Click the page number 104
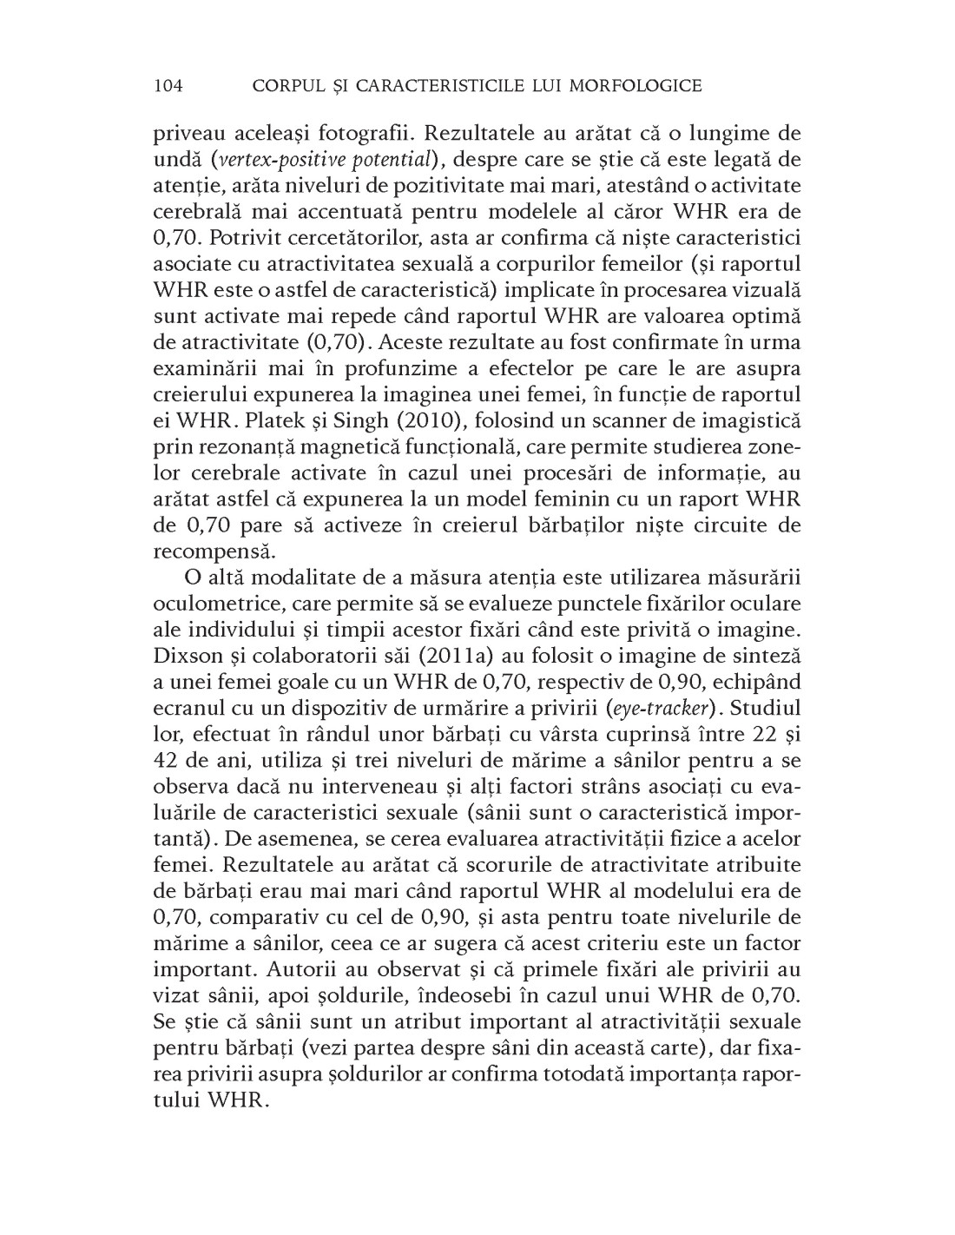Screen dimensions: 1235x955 (168, 85)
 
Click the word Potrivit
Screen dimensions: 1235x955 (244, 238)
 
